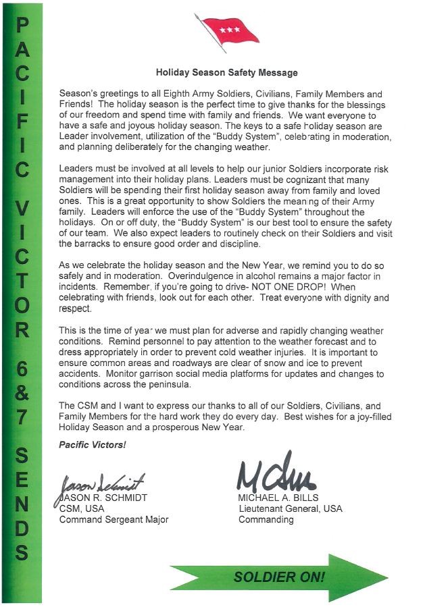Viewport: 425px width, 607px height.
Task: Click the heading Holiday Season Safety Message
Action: [226, 72]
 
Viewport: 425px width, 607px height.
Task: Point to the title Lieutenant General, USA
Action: [290, 509]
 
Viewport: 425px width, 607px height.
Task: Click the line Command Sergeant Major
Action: [114, 520]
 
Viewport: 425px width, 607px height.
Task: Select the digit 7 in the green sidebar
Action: [22, 417]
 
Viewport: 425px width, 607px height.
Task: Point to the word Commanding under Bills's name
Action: [266, 520]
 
